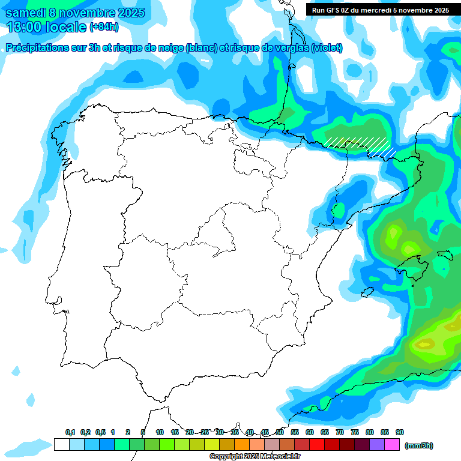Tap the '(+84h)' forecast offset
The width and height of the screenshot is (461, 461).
pyautogui.click(x=104, y=27)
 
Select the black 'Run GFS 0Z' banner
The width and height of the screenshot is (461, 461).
pyautogui.click(x=380, y=10)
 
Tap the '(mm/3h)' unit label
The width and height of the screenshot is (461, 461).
pyautogui.click(x=418, y=445)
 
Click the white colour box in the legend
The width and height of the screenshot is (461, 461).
pyautogui.click(x=61, y=445)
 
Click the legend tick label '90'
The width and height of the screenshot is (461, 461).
pyautogui.click(x=400, y=432)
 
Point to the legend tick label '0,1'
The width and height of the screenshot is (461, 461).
pyautogui.click(x=70, y=432)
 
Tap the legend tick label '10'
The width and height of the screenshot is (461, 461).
pyautogui.click(x=160, y=432)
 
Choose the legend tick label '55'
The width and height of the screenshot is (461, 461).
pyautogui.click(x=295, y=432)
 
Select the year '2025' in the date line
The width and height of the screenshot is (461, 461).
pyautogui.click(x=127, y=13)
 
